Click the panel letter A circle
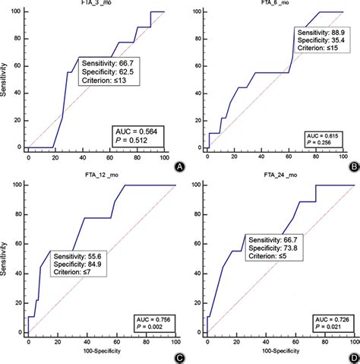coord(179,166)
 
